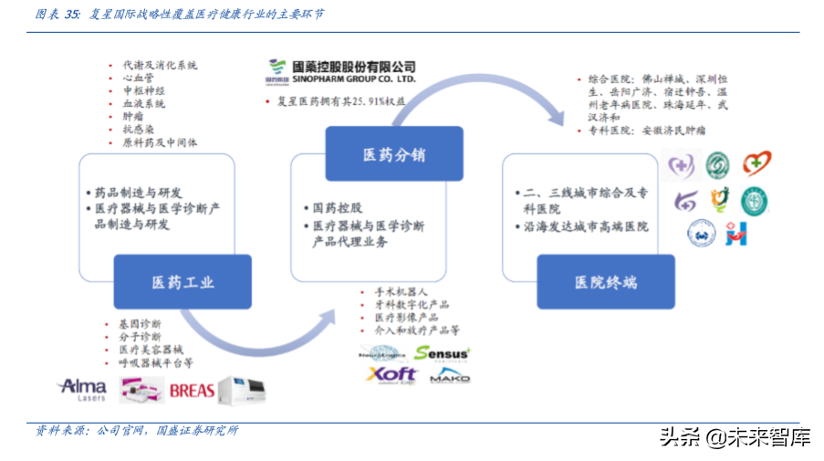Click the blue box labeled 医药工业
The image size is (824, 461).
coord(183,282)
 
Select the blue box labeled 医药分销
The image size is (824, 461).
coord(394,153)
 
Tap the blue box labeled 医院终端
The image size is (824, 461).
coord(606,282)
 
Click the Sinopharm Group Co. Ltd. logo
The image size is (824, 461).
coord(341,72)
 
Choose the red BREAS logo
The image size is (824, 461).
coord(192,391)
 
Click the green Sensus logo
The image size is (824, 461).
coord(442,352)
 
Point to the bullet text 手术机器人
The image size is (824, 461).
coord(401,291)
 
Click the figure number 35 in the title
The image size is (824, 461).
coord(71,15)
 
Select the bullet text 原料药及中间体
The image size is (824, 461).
coord(160,142)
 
